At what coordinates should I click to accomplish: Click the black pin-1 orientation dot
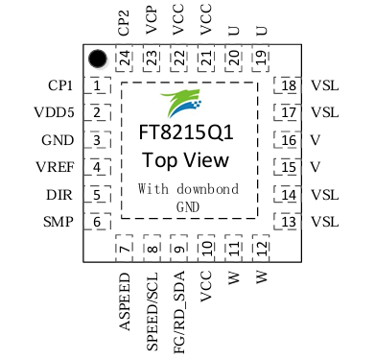(x=97, y=60)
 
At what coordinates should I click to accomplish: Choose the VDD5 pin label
(x=54, y=113)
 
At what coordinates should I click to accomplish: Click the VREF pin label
(x=55, y=168)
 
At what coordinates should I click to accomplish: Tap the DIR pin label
(x=59, y=195)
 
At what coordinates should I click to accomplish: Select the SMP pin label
(x=59, y=223)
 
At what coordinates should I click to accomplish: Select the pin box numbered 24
(x=124, y=58)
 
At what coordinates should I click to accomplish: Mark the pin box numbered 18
(x=289, y=86)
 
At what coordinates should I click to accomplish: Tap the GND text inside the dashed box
(x=187, y=205)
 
